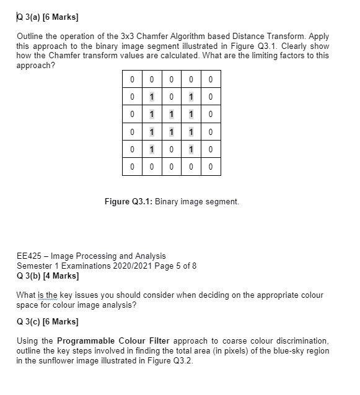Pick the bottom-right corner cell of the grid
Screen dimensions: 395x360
coord(211,167)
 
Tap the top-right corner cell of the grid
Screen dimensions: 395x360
coord(211,79)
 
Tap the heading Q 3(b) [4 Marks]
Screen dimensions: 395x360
coord(46,276)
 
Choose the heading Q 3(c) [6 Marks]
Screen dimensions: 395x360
coord(46,322)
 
